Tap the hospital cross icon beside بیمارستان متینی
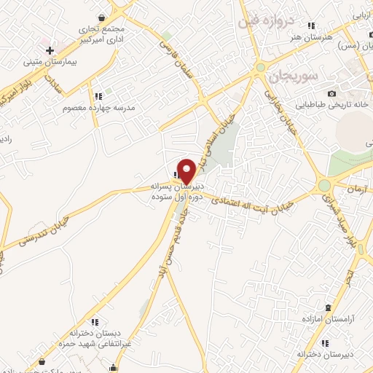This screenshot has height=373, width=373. coord(50,51)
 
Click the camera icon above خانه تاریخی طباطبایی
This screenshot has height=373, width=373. coord(332,93)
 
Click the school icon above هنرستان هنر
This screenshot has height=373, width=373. coord(312,25)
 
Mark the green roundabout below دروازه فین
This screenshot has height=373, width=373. coord(260,68)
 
